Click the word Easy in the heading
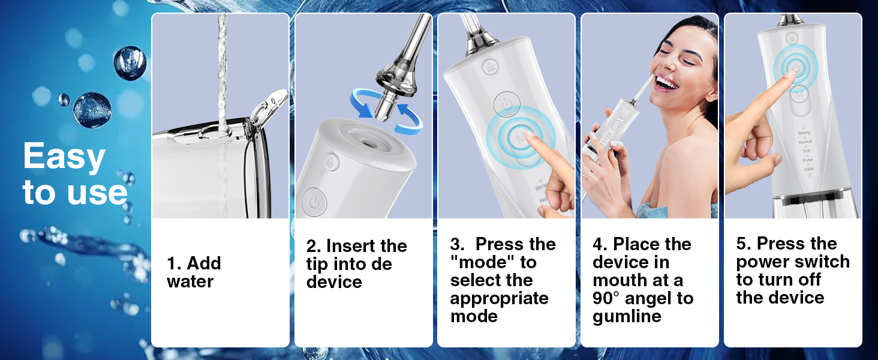coord(64,158)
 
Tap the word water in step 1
coord(190,281)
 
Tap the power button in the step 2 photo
coord(314,202)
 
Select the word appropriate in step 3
coord(499,298)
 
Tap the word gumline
coord(627,316)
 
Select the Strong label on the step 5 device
coord(804,133)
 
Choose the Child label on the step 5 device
coord(808,169)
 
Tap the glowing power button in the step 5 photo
coord(795,67)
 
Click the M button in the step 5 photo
coord(798,93)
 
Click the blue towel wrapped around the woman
coord(654,210)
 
